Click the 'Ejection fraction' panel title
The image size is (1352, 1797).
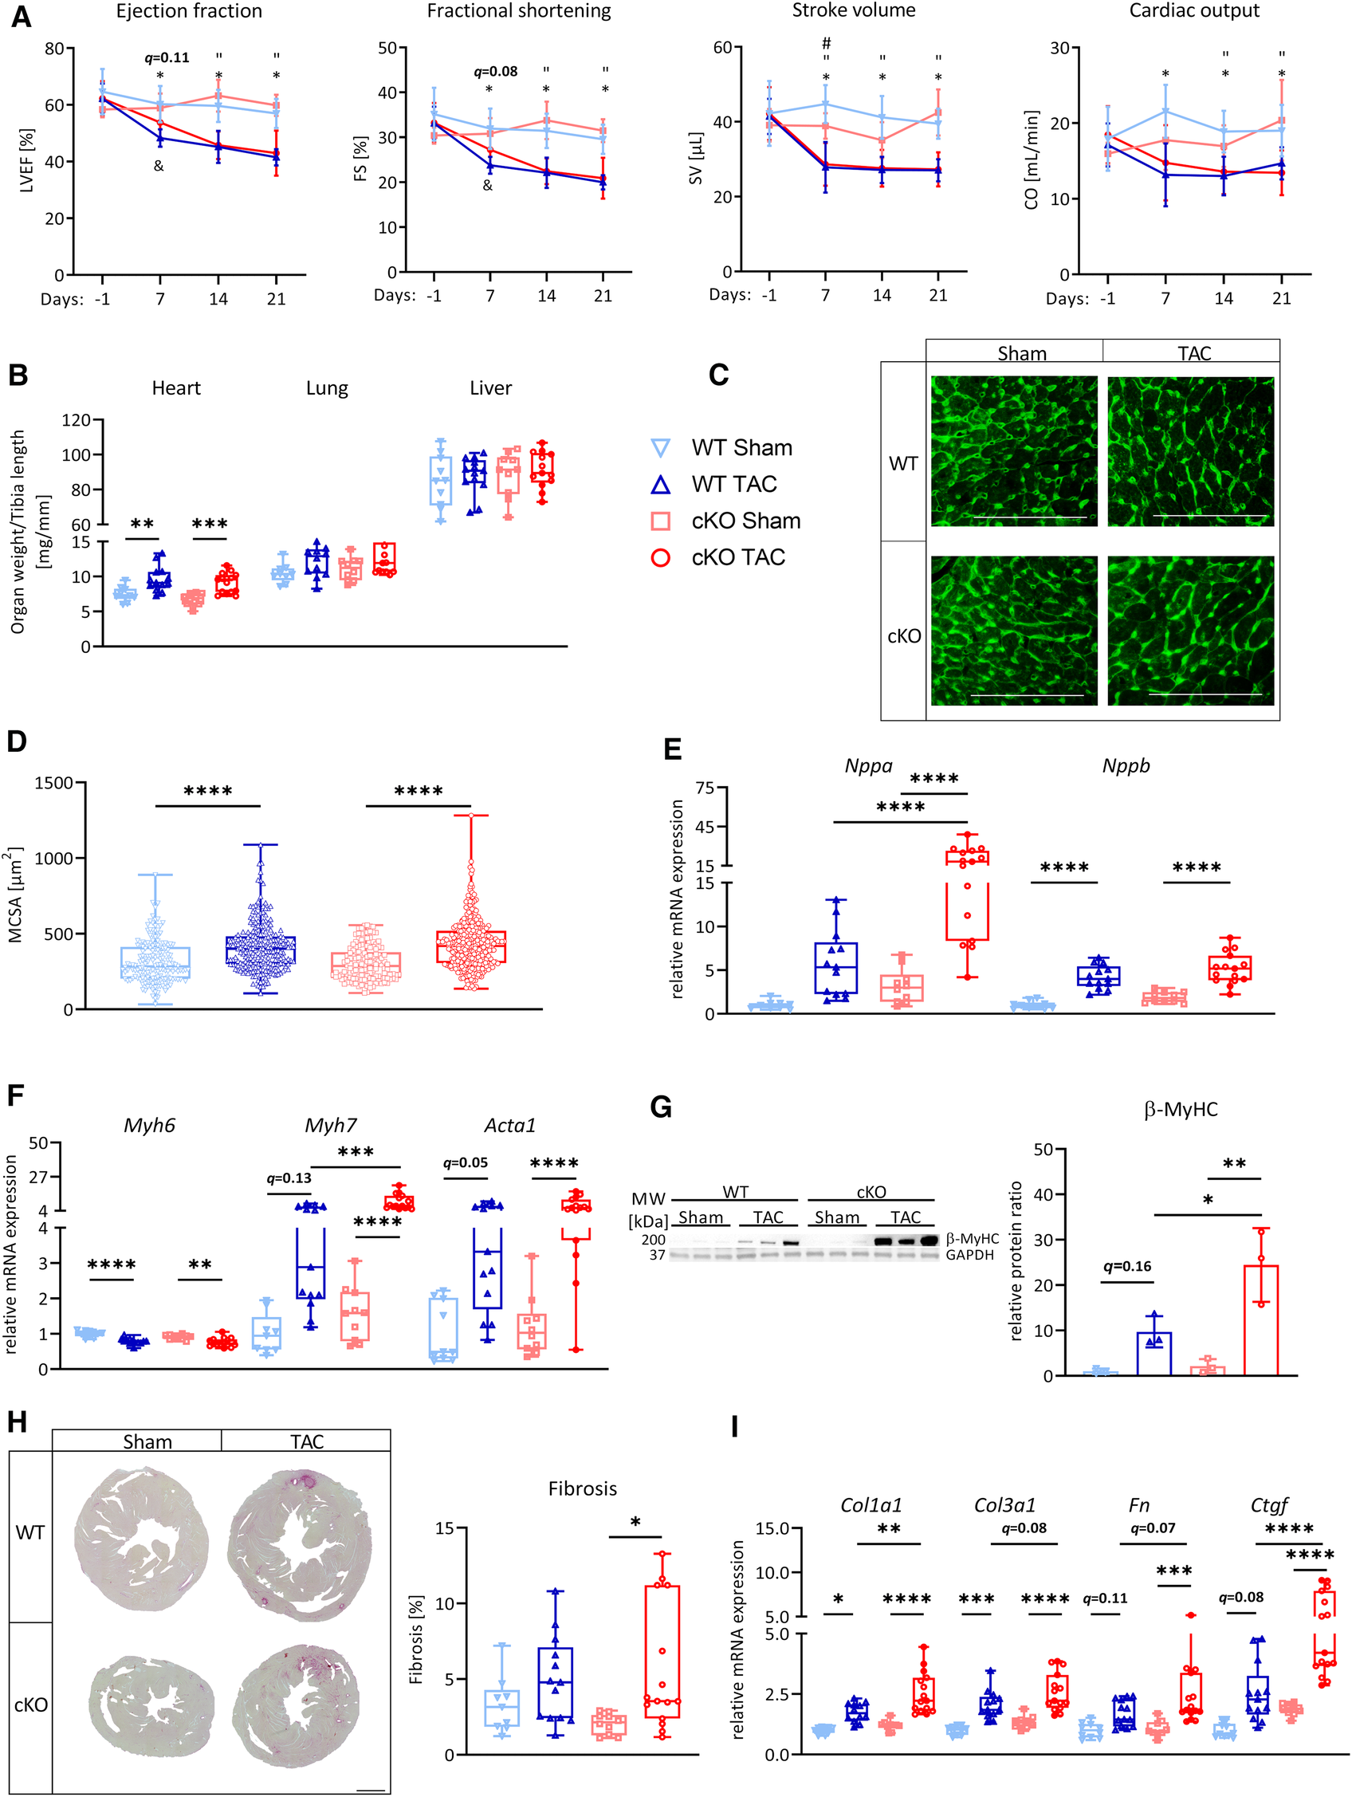(188, 11)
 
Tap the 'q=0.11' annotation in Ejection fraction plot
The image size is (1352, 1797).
(167, 57)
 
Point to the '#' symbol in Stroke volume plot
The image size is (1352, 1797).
(826, 43)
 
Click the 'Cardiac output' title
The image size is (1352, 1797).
(1193, 11)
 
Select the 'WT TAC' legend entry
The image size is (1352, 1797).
(733, 484)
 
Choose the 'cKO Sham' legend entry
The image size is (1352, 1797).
(745, 521)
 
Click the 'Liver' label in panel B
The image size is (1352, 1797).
(490, 388)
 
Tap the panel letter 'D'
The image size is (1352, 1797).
(16, 741)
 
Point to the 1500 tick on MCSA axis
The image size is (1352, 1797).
(53, 783)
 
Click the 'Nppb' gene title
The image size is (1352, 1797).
(1126, 766)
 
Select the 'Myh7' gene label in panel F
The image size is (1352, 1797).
(330, 1125)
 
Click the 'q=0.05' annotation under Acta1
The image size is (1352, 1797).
(465, 1162)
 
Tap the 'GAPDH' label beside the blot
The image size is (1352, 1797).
(969, 1255)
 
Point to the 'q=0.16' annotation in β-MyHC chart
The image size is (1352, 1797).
(1127, 1266)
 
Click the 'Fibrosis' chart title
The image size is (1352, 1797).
(582, 1489)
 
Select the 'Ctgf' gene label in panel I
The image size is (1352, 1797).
(1268, 1505)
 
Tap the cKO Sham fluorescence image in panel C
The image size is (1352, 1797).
(1013, 631)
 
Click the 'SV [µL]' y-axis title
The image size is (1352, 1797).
(695, 159)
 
